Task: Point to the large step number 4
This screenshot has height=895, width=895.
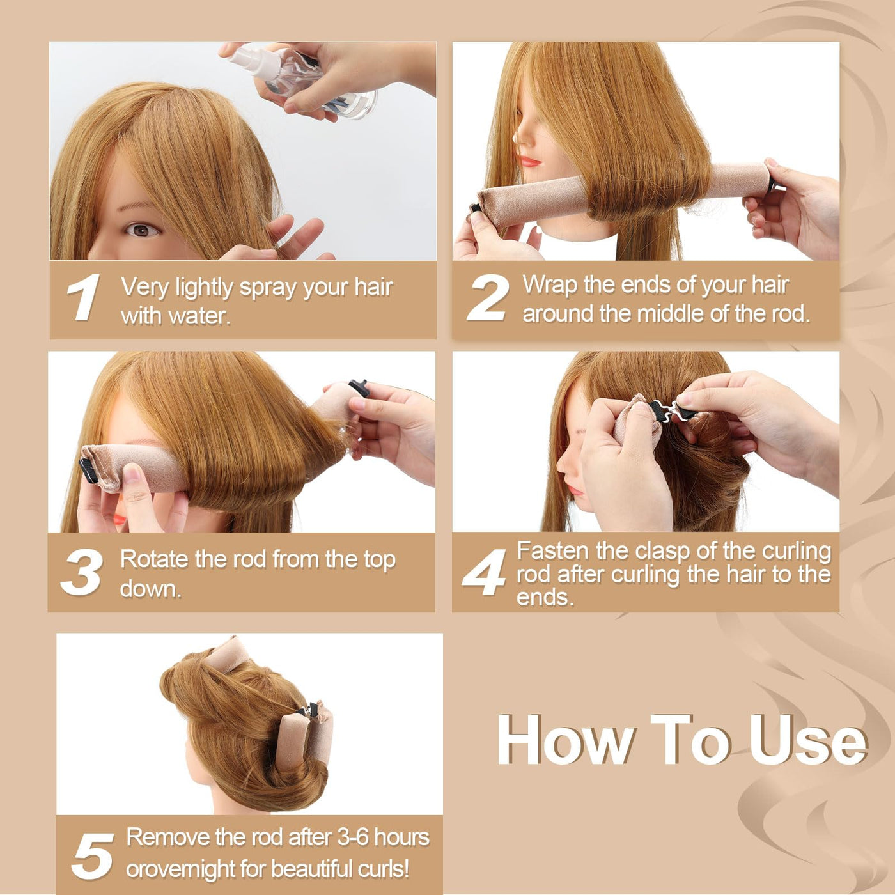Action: [485, 572]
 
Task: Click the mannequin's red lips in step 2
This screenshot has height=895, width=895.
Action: [531, 161]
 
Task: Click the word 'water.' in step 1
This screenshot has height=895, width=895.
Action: [199, 316]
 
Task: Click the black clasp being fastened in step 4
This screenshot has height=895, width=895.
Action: [672, 410]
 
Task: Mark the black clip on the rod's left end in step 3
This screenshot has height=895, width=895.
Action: [88, 469]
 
